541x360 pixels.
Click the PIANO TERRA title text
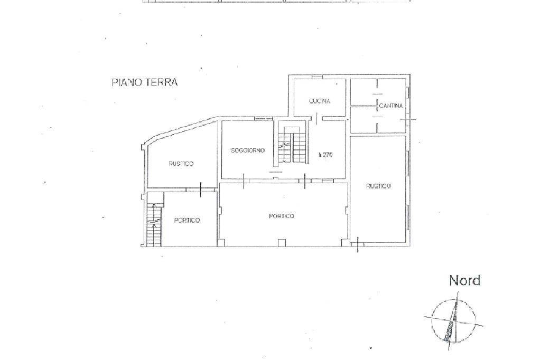coord(145,82)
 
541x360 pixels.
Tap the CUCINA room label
coord(320,101)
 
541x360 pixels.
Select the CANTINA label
coord(391,106)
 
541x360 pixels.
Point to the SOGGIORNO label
coord(248,150)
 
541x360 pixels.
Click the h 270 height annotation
coord(325,155)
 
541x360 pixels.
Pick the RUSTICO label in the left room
coord(181,164)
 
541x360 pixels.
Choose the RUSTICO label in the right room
coord(378,186)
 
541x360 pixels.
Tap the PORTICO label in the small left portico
coord(186,220)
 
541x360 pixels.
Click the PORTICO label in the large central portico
coord(282,216)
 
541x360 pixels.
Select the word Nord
coord(464,281)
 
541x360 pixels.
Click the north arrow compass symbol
coord(453,320)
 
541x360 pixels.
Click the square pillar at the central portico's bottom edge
coord(282,243)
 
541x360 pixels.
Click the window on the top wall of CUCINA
coord(316,77)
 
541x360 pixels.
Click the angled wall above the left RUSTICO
coord(181,130)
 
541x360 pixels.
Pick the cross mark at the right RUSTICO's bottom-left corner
coord(358,244)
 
